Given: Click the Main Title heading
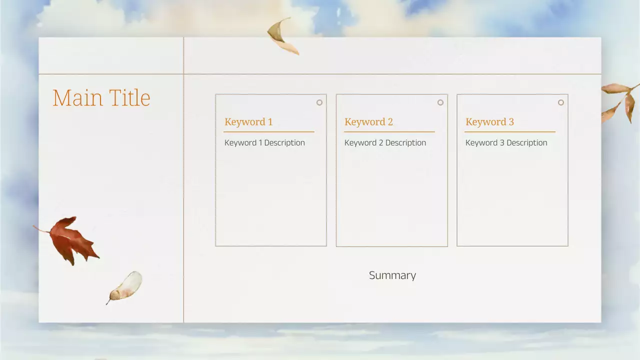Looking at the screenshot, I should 101,98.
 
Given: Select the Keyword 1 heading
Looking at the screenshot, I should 248,122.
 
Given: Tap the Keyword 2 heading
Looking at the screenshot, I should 368,122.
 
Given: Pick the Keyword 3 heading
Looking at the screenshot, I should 489,122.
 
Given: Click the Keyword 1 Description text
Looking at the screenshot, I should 264,143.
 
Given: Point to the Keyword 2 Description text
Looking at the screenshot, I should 385,143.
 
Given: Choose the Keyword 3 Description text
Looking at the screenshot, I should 506,143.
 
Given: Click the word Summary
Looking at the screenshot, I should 392,275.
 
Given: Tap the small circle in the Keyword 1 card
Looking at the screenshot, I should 319,102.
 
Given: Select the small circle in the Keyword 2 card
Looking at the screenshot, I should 440,102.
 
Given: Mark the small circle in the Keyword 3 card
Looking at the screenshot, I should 561,102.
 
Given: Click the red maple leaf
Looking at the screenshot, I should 72,240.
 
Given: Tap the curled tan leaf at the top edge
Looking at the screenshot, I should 281,36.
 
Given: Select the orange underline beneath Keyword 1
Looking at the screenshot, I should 268,132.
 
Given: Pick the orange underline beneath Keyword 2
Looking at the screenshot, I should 389,132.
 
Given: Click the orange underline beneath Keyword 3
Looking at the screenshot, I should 510,132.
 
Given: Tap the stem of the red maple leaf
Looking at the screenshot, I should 41,229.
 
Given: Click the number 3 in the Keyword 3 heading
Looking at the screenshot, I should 511,122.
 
